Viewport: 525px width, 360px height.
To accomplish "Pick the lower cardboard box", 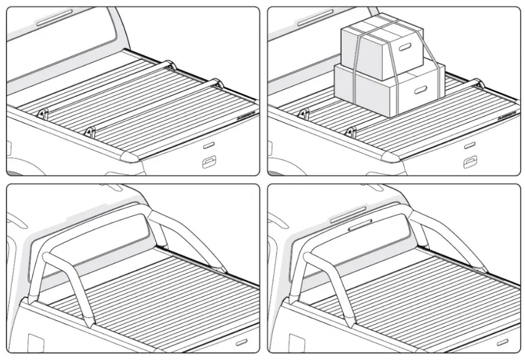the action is point(384,90).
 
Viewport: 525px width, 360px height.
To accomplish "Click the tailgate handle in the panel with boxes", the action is point(470,161).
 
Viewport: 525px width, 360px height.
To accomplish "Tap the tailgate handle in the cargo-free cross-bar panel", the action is point(209,160).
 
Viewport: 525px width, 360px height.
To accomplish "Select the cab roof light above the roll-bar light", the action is point(348,212).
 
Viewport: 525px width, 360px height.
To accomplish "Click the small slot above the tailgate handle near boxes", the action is point(469,146).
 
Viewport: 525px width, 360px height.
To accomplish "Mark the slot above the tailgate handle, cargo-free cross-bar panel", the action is point(208,145).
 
